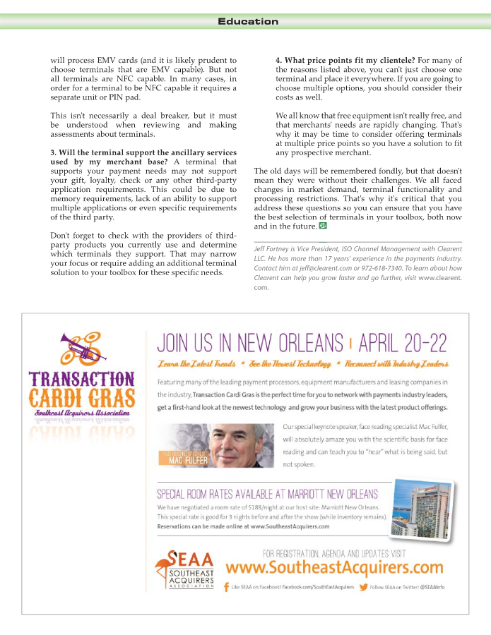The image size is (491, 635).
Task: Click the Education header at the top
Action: click(248, 22)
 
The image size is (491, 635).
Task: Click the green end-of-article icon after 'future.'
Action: click(323, 226)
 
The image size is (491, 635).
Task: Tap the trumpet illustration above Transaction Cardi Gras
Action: click(81, 347)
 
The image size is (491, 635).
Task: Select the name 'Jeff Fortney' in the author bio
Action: click(274, 249)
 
